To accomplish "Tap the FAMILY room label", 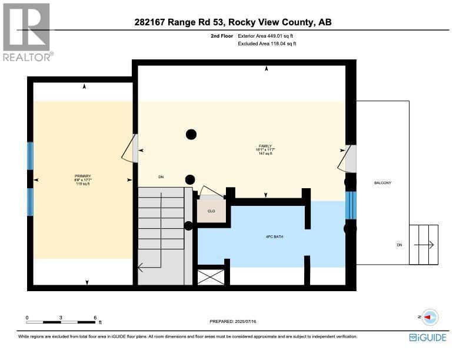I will coord(267,146).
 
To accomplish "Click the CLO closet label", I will coord(211,211).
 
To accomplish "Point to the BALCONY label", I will coord(382,183).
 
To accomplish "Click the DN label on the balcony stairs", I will coord(400,245).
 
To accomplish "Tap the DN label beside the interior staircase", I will coord(161,176).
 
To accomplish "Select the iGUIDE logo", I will coord(428,338).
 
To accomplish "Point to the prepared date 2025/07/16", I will coord(233,321).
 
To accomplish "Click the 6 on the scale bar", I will coord(95,317).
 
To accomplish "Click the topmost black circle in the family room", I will coord(191,134).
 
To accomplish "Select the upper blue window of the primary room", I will coord(31,156).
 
